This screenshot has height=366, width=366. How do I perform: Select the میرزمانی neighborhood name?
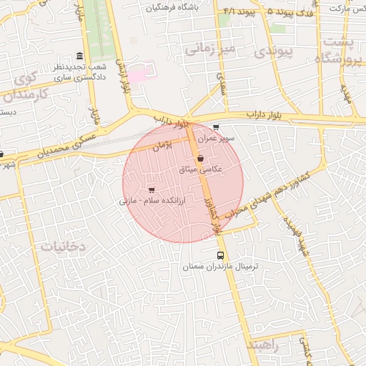[209, 49]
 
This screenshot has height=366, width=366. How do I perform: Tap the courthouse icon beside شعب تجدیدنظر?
[79, 56]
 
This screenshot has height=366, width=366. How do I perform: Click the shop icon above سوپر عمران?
[216, 127]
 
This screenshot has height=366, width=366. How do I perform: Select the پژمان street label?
[164, 145]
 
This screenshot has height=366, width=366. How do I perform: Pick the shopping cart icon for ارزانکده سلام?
[152, 189]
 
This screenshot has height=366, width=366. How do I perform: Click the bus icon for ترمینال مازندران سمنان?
[220, 255]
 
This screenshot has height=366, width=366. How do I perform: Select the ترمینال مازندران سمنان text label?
[223, 266]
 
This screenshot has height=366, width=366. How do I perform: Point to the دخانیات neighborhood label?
[62, 245]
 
